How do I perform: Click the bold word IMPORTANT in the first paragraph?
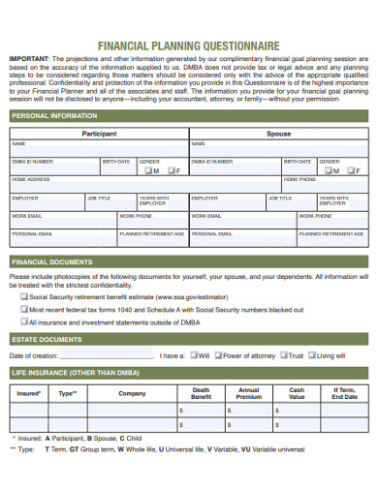(x=29, y=58)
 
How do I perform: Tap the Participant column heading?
(x=99, y=133)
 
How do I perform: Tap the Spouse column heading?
(x=278, y=133)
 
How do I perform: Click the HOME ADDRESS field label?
(x=31, y=180)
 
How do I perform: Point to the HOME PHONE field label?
(x=299, y=180)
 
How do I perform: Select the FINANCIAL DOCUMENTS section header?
(x=52, y=262)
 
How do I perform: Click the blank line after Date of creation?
(x=107, y=356)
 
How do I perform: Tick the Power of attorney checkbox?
(x=217, y=355)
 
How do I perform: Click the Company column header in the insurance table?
(x=132, y=394)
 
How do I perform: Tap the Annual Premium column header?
(x=249, y=394)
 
